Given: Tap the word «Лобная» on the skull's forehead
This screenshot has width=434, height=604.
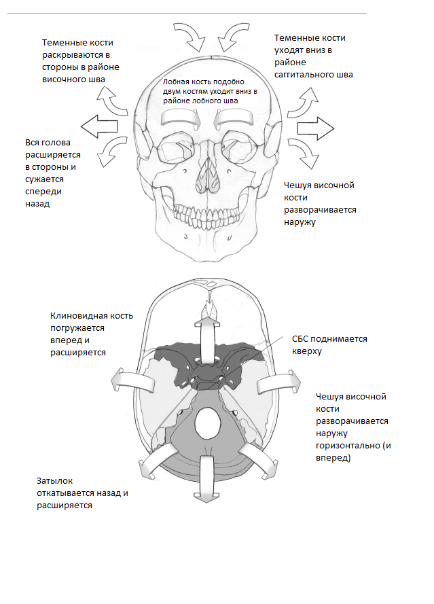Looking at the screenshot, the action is click(x=175, y=82).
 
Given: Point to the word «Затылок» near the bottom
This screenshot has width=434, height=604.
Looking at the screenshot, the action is click(x=55, y=481).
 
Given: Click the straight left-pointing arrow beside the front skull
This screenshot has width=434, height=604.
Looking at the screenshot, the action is click(x=99, y=126).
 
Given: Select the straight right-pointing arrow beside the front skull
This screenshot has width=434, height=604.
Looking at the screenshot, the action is click(x=315, y=128).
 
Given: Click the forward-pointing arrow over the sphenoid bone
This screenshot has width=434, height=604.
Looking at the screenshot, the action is click(x=208, y=332).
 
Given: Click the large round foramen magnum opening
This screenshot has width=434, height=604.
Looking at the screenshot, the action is click(x=208, y=425).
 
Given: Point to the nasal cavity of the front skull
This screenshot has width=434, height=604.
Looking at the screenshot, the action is click(x=206, y=177).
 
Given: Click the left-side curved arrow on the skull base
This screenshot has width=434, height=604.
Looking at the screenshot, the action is click(x=133, y=380).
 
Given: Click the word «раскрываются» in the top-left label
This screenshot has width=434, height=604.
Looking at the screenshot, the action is click(x=76, y=55).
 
